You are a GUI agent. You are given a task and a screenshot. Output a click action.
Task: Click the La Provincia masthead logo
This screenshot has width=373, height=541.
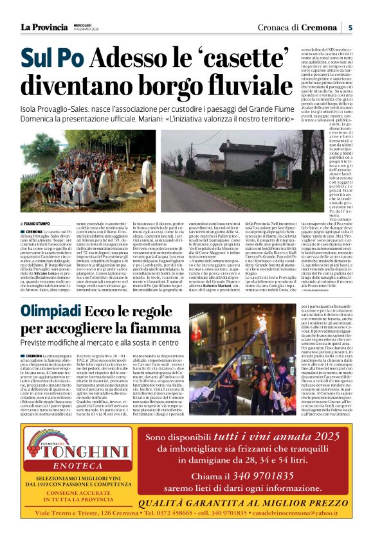click(x=44, y=27)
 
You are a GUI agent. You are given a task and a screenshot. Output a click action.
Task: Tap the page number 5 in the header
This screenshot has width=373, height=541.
click(x=350, y=27)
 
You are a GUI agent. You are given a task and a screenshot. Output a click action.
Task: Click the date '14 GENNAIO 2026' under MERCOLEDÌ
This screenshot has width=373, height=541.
click(x=84, y=30)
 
